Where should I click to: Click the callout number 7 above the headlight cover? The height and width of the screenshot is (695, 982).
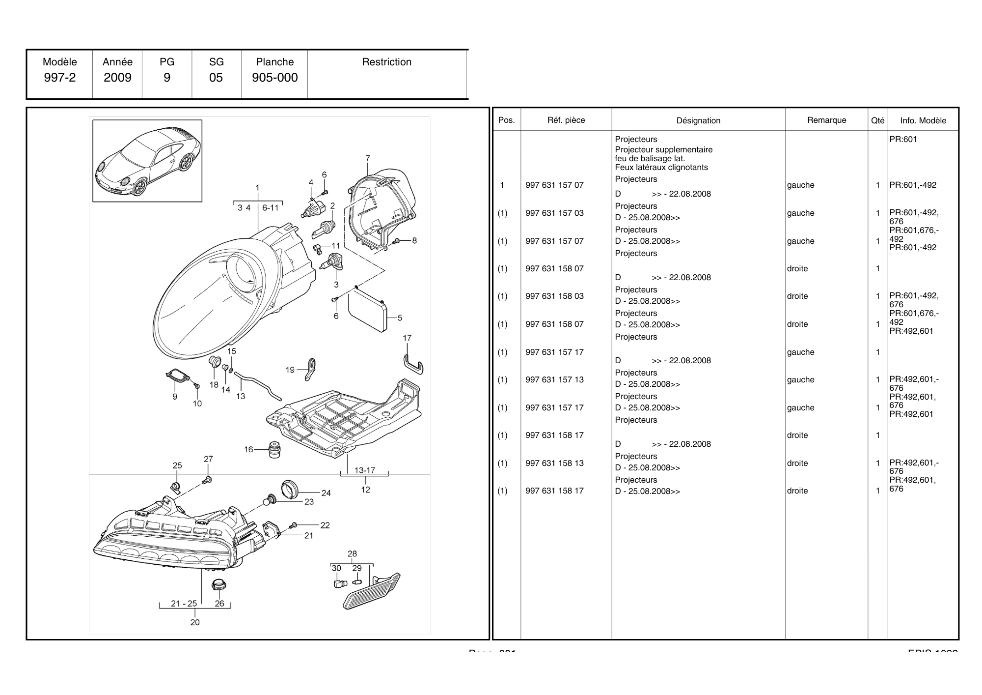[x=368, y=158]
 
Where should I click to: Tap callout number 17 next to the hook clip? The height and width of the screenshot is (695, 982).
[x=407, y=338]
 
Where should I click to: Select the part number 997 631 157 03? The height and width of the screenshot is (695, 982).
[x=554, y=213]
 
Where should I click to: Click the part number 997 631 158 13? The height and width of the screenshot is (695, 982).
[x=554, y=463]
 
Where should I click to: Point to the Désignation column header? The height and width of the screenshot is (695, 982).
[x=698, y=120]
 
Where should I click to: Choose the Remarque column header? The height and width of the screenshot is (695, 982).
[x=826, y=120]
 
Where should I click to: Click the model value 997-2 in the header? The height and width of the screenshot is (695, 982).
[x=59, y=78]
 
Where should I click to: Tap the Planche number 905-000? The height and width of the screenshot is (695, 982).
[x=274, y=78]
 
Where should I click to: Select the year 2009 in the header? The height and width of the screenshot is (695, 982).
[x=117, y=78]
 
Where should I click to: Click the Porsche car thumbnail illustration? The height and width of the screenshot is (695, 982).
[x=147, y=161]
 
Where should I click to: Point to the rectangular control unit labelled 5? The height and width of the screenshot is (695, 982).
[x=367, y=311]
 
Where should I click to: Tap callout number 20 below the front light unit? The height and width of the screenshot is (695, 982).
[x=195, y=623]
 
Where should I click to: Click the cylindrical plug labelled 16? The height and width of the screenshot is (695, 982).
[x=274, y=450]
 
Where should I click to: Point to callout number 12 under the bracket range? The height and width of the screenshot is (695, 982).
[x=365, y=490]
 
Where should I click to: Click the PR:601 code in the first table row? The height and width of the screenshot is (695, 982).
[x=903, y=140]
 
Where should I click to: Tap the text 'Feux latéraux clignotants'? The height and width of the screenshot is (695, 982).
[x=661, y=168]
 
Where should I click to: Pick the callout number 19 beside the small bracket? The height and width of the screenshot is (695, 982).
[x=290, y=370]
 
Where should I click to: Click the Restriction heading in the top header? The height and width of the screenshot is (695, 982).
[x=386, y=62]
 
